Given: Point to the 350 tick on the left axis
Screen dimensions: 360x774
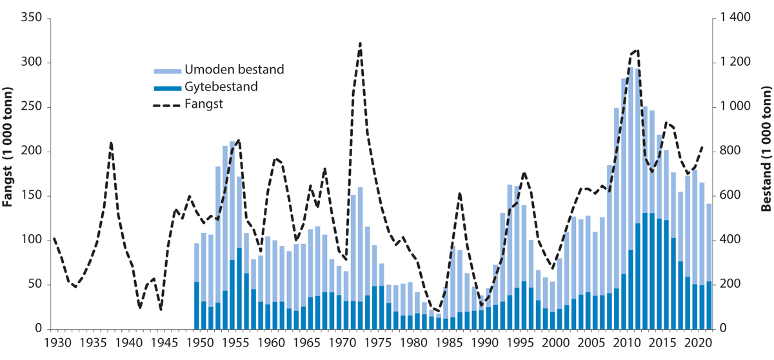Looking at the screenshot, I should (x=32, y=19).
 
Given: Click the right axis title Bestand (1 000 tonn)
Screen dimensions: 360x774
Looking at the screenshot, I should (x=766, y=174).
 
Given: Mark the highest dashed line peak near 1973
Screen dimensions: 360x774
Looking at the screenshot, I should (x=360, y=43).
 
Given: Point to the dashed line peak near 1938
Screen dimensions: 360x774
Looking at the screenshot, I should (x=112, y=143).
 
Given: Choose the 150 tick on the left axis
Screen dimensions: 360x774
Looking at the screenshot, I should (x=32, y=196).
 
